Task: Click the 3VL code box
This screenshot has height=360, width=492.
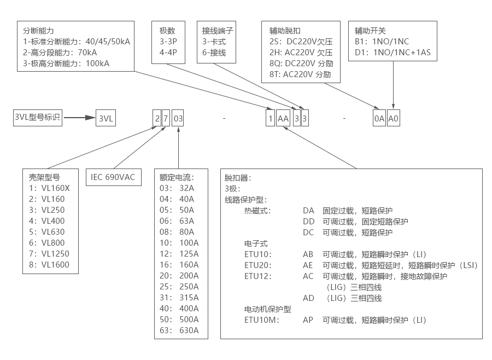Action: click(107, 118)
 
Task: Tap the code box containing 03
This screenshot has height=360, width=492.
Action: click(178, 118)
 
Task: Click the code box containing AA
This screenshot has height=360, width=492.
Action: click(283, 118)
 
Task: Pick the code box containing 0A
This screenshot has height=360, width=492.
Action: click(379, 118)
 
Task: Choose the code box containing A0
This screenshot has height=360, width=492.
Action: click(394, 118)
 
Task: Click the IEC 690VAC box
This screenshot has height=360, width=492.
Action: click(113, 177)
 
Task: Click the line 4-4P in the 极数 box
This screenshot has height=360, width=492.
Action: click(167, 53)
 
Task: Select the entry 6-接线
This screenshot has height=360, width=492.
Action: click(214, 53)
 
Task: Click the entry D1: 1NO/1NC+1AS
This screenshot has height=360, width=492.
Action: click(393, 53)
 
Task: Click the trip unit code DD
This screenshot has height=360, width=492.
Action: click(308, 222)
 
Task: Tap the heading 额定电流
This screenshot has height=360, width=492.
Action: click(176, 177)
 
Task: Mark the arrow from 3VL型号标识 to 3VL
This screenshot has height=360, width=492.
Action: click(79, 118)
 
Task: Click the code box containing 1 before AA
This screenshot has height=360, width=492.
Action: click(270, 118)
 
